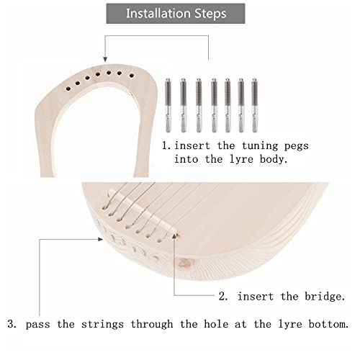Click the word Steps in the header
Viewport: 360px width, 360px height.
(x=209, y=14)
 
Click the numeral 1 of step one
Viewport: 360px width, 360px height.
(x=165, y=145)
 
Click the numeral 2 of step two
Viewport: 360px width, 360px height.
(x=222, y=297)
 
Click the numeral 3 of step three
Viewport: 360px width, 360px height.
(x=12, y=325)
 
